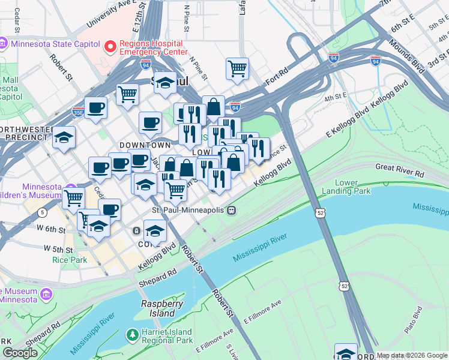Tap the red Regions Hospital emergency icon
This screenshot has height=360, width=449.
pyautogui.click(x=110, y=46)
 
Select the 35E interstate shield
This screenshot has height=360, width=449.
pyautogui.click(x=78, y=111)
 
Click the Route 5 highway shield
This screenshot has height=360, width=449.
pyautogui.click(x=41, y=212)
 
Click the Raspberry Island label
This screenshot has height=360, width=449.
pyautogui.click(x=161, y=309)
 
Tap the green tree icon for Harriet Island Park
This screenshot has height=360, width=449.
pyautogui.click(x=131, y=335)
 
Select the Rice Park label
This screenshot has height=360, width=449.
pyautogui.click(x=69, y=260)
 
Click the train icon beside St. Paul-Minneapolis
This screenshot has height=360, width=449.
pyautogui.click(x=231, y=211)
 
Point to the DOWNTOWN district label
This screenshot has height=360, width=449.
pyautogui.click(x=145, y=145)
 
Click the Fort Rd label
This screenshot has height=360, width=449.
pyautogui.click(x=278, y=77)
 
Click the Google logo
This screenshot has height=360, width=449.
pyautogui.click(x=20, y=352)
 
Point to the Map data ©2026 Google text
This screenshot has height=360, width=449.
pyautogui.click(x=412, y=355)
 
